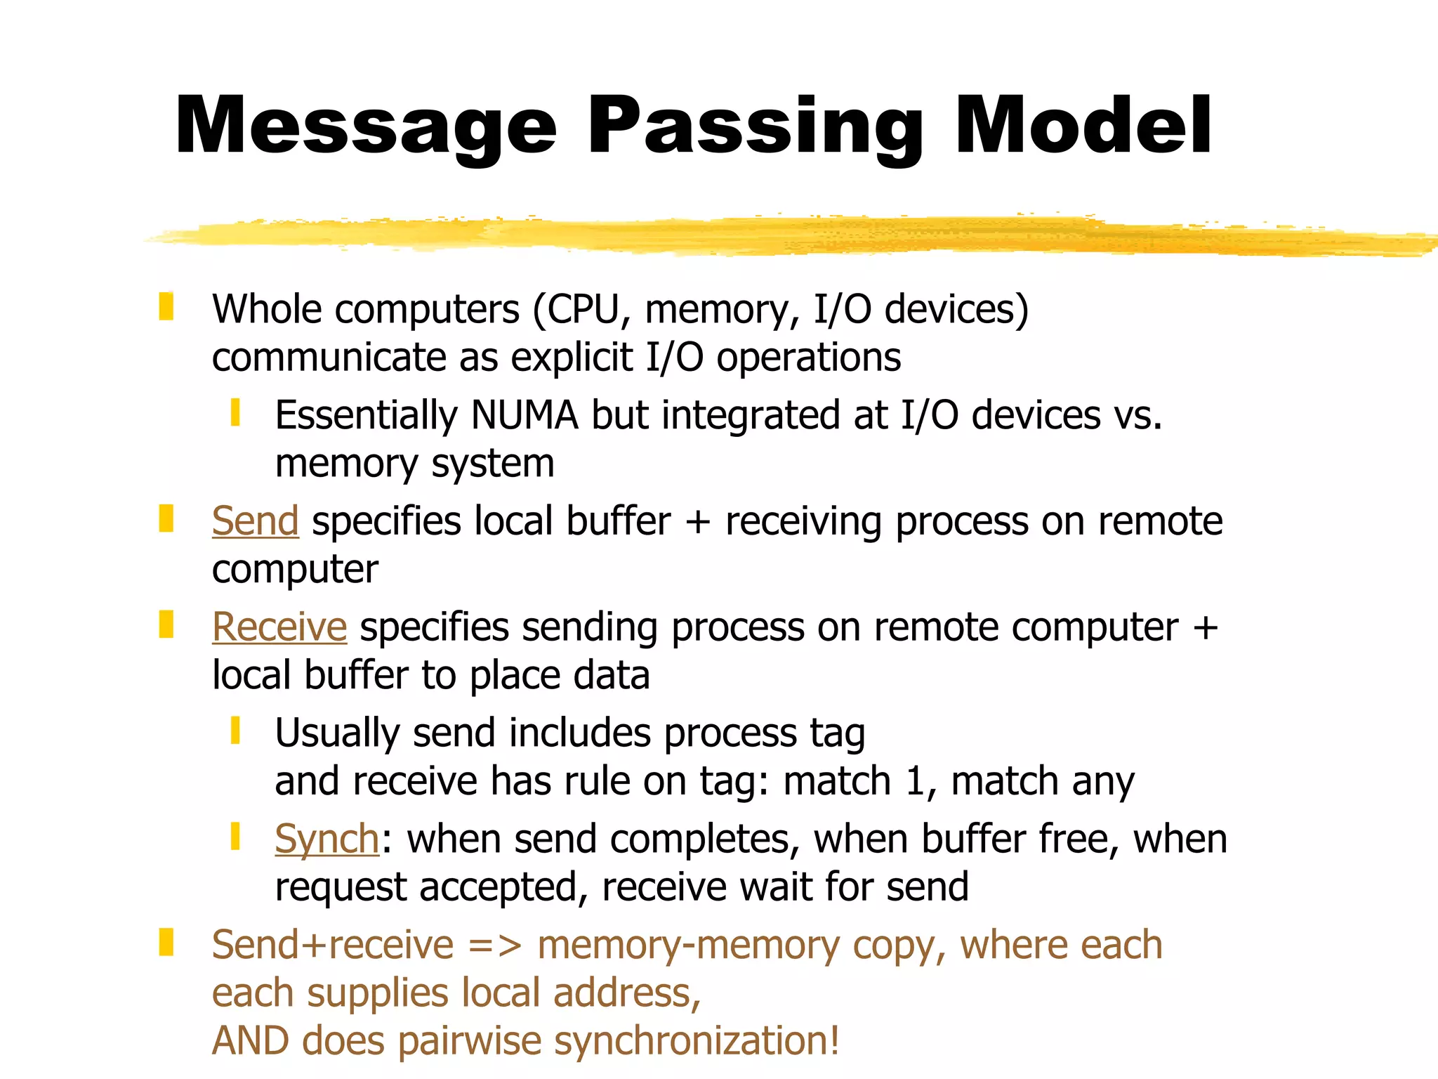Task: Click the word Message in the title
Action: pyautogui.click(x=366, y=126)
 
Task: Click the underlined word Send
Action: pyautogui.click(x=256, y=521)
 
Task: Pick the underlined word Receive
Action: pyautogui.click(x=279, y=627)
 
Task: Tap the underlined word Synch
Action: pyautogui.click(x=327, y=839)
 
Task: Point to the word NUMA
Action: pyautogui.click(x=525, y=414)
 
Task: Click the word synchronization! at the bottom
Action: pyautogui.click(x=697, y=1040)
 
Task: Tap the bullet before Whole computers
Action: pyautogui.click(x=166, y=307)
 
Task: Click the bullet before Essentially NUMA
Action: pyautogui.click(x=235, y=412)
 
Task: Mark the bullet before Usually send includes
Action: pyautogui.click(x=235, y=730)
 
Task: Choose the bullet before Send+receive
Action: pyautogui.click(x=166, y=942)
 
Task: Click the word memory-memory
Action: pyautogui.click(x=688, y=945)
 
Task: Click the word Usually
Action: pyautogui.click(x=338, y=733)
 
